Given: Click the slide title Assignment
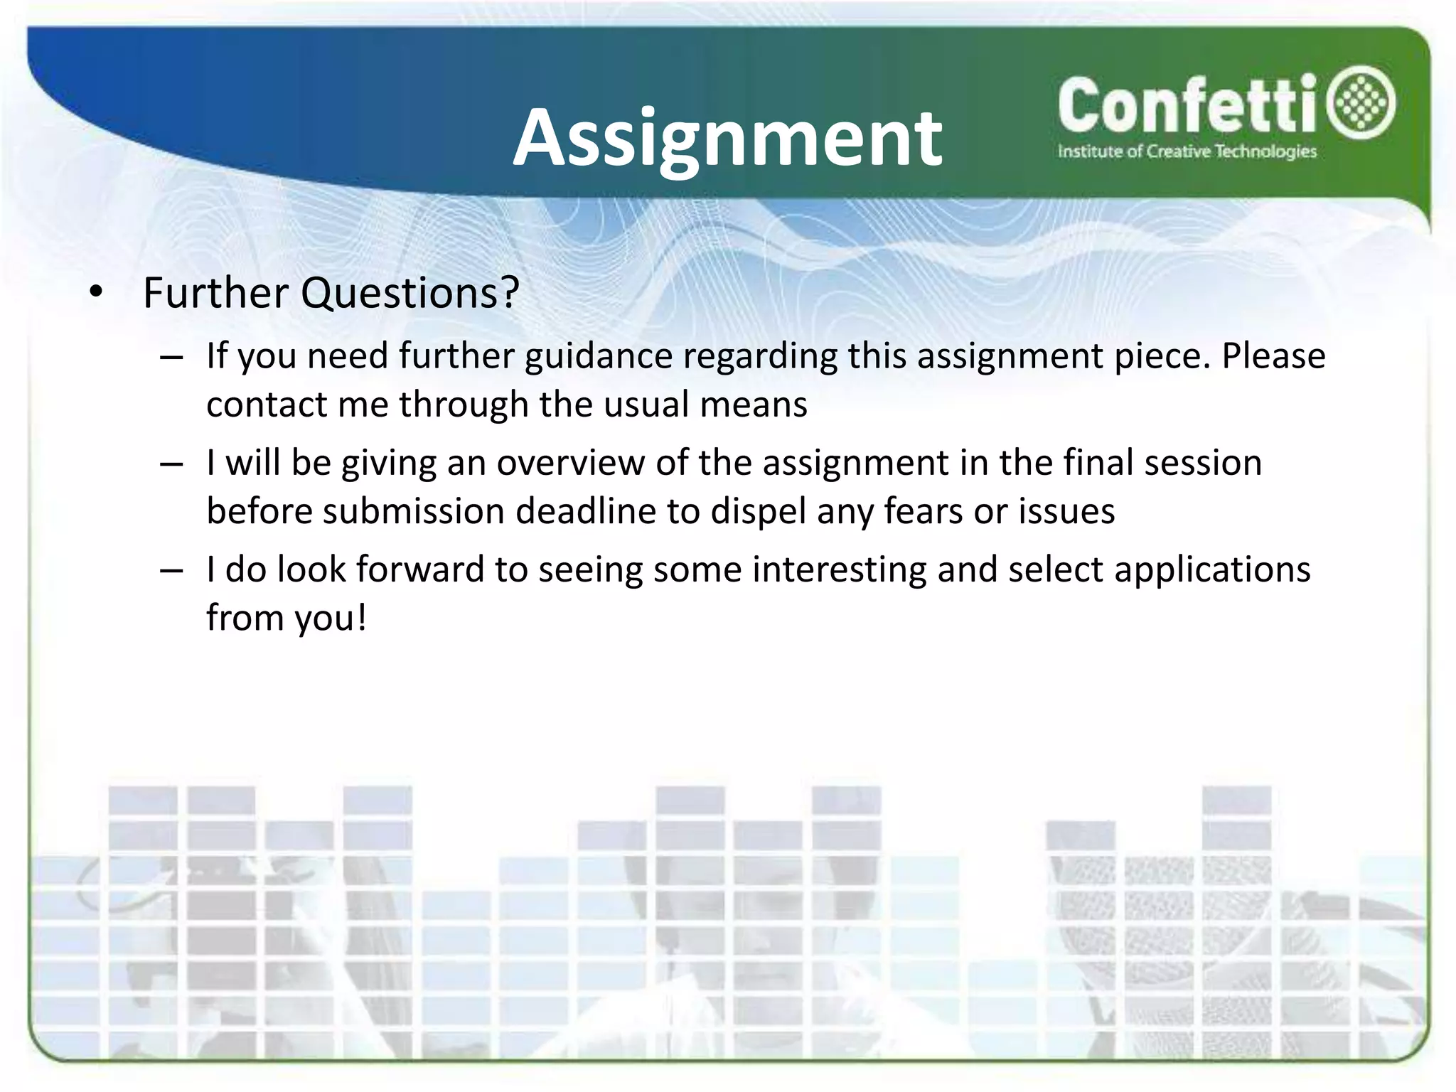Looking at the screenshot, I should [728, 139].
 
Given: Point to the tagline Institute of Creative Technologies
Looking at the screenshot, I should [1187, 151].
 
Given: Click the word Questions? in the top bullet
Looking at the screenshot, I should [410, 292].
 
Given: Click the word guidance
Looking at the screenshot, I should [599, 356].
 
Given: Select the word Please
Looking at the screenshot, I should [1273, 355].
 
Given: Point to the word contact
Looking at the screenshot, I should [267, 405].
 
